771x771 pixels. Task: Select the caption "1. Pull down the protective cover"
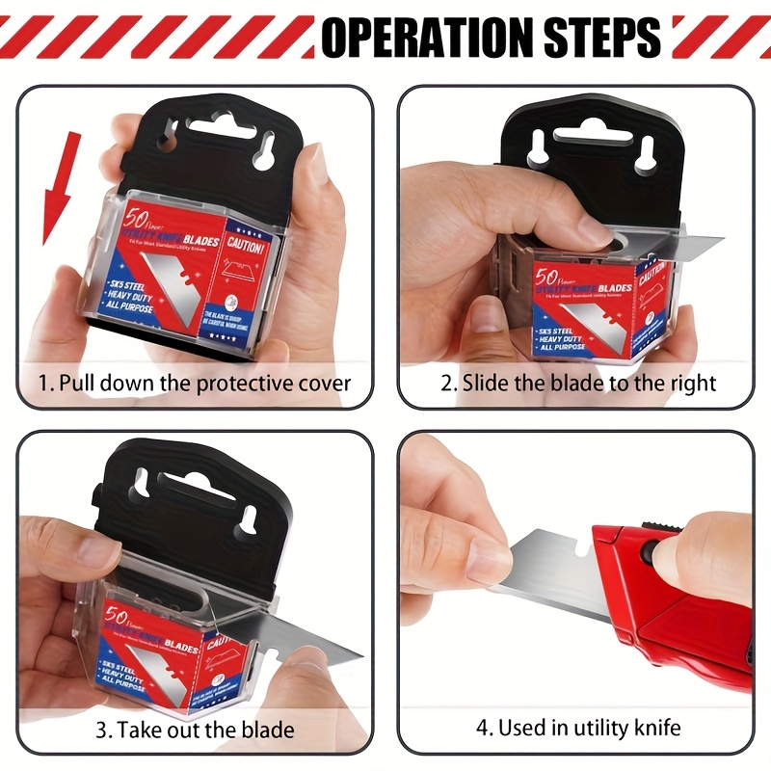pyautogui.click(x=194, y=383)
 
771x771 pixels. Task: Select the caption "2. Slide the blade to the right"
pyautogui.click(x=578, y=383)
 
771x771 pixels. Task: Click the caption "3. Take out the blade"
pyautogui.click(x=194, y=730)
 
